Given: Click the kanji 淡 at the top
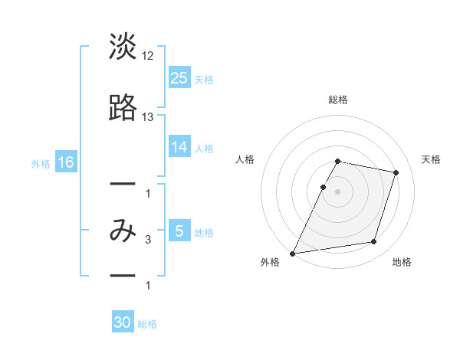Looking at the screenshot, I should coord(123,47).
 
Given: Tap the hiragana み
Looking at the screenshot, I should coord(123,230).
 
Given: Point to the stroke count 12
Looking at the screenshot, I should coord(148,55).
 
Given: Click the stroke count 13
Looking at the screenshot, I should coord(148,116).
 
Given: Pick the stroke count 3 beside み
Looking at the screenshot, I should coord(148,240).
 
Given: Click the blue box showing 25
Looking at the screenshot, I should coord(179,78).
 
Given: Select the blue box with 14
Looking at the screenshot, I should coord(179,147).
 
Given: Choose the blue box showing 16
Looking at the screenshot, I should coord(65,162).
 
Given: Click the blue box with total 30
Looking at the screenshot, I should coord(123,322).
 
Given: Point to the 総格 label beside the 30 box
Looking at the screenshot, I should coord(147,324).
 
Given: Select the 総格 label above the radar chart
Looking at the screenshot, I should coord(337,100).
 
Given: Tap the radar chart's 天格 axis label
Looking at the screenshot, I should coord(432,159).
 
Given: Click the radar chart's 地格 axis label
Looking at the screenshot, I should coord(402,262).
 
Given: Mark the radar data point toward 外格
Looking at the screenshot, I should coord(293,253).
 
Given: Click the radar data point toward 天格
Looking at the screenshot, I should coord(396,173).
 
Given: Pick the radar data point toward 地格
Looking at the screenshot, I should coord(374,242).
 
